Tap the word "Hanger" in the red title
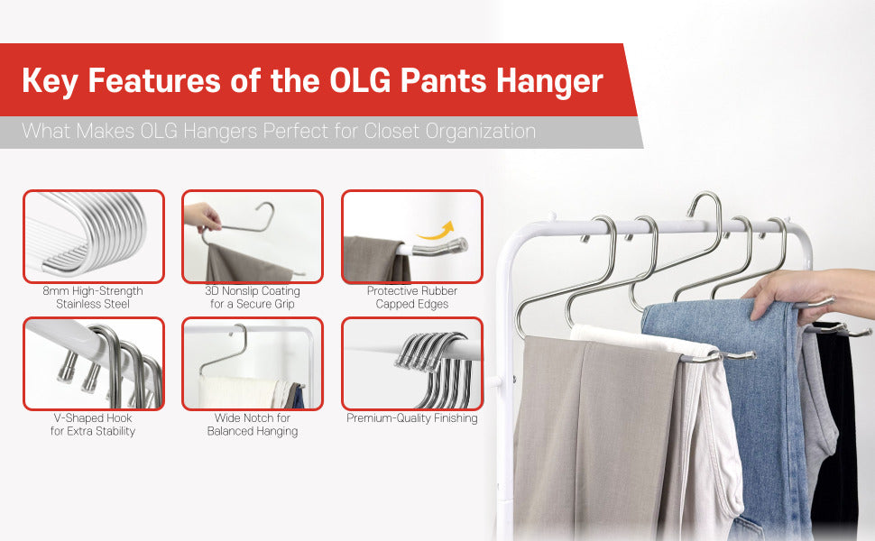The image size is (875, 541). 549,81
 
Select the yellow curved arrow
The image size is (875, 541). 436,231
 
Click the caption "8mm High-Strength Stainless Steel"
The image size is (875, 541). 93,298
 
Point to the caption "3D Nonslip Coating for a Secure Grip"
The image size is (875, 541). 253,298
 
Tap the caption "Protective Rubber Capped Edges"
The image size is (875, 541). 412,298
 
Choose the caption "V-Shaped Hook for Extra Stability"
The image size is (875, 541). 93,425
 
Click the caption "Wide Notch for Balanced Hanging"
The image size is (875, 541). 253,425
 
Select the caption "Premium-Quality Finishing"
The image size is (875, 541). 412,418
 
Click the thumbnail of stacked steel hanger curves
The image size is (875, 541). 94,236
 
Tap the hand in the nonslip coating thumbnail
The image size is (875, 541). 202,217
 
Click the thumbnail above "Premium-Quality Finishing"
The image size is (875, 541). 412,363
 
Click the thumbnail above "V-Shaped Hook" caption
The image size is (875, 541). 94,363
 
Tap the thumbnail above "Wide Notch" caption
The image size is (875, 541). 253,363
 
